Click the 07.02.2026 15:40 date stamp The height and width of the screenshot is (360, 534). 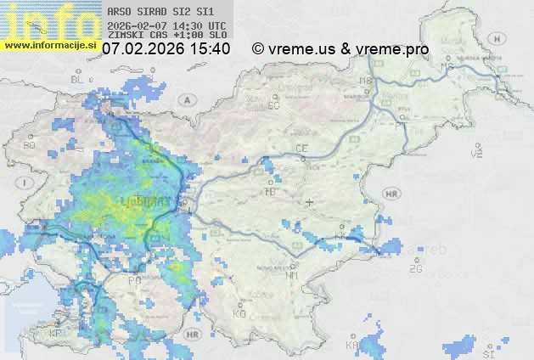coord(166,49)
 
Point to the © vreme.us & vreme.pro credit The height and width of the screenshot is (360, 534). coord(340,49)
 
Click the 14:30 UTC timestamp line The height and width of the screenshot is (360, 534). coord(166,25)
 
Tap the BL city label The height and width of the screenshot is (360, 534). coord(78,79)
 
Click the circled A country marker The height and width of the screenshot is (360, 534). coord(185,99)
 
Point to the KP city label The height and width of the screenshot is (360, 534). coord(56,334)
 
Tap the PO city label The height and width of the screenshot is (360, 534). coord(133,279)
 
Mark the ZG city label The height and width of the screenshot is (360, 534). coord(415,269)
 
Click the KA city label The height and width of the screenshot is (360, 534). coord(351,346)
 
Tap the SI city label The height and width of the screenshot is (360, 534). coord(487,352)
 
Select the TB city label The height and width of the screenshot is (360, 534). coord(271,191)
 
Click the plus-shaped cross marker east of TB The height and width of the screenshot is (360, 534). coord(309,202)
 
